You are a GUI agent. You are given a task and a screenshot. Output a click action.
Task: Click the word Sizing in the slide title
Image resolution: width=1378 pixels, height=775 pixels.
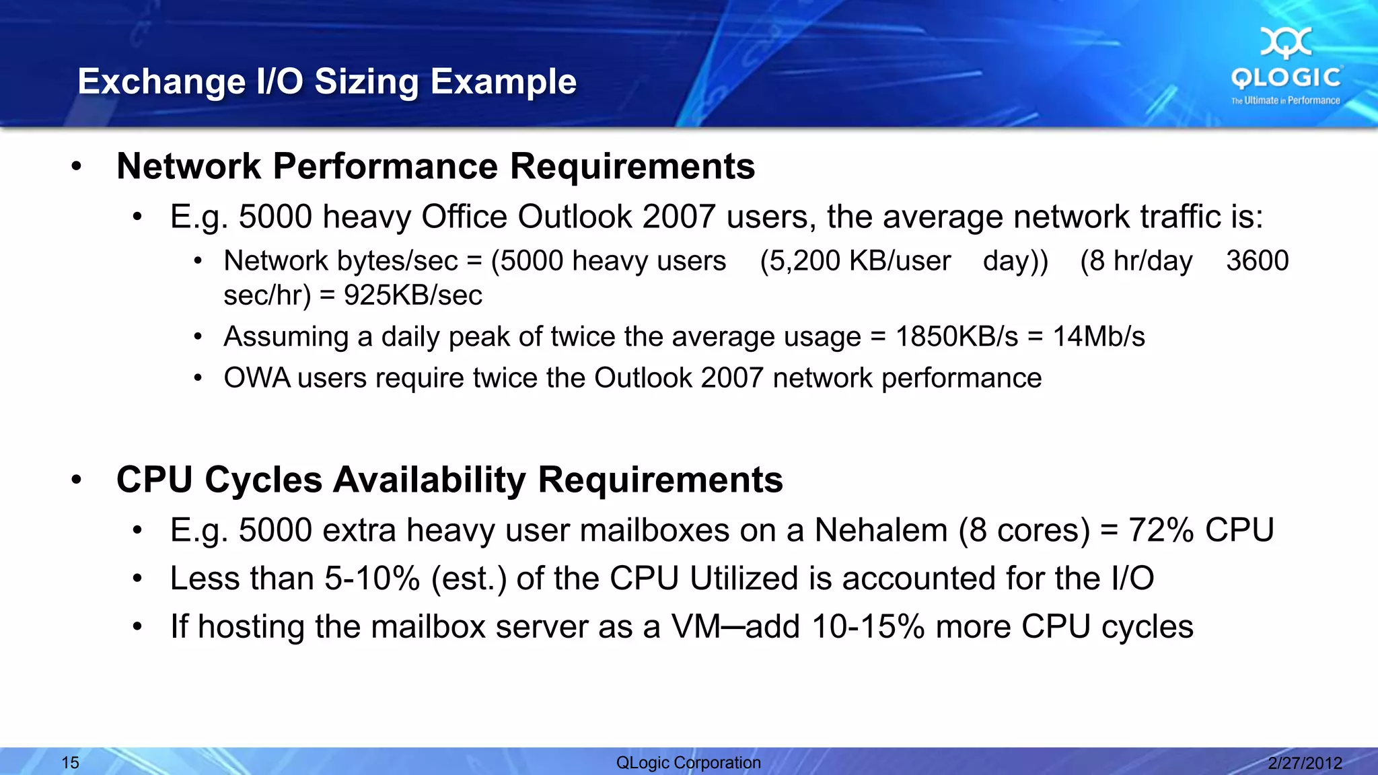point(367,81)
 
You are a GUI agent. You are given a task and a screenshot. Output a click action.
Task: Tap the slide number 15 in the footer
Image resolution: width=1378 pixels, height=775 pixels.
point(71,762)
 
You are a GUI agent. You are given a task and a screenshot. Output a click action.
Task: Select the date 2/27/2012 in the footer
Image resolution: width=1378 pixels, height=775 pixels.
point(1305,762)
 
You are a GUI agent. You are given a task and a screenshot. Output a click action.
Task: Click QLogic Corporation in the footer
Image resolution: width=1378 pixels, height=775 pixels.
point(688,762)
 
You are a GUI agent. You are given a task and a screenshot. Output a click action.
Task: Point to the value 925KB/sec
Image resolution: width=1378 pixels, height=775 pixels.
point(412,295)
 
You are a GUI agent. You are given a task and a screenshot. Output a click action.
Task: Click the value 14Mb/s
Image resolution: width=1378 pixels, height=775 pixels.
point(1098,336)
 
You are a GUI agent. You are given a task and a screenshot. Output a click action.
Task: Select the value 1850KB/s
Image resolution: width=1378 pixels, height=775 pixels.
point(956,336)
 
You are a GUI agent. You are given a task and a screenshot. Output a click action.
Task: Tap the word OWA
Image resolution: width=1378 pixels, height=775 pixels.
point(256,378)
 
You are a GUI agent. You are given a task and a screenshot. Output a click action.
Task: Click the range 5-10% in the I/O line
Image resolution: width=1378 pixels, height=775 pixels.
point(372,579)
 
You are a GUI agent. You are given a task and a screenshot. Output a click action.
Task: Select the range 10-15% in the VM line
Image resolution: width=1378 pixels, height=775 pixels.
point(868,627)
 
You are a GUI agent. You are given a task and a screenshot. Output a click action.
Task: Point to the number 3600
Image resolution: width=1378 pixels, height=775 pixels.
point(1257,261)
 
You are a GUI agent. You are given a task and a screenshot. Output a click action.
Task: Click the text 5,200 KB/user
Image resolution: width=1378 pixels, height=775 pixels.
point(855,261)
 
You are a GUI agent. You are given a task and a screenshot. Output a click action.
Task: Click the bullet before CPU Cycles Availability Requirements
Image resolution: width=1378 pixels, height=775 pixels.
point(76,480)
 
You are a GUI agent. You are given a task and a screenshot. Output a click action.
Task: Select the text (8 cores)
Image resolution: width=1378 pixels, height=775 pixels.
point(1023,530)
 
